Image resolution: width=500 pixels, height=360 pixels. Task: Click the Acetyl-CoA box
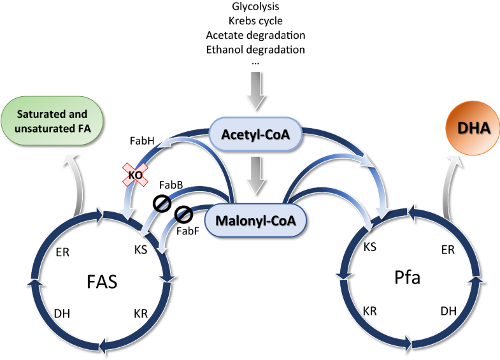pyautogui.click(x=254, y=135)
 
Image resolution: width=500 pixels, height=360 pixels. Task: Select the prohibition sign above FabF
pyautogui.click(x=184, y=213)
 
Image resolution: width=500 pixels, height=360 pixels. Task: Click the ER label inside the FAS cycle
pyautogui.click(x=64, y=253)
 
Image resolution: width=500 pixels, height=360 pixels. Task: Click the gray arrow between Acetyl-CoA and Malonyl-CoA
pyautogui.click(x=255, y=175)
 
